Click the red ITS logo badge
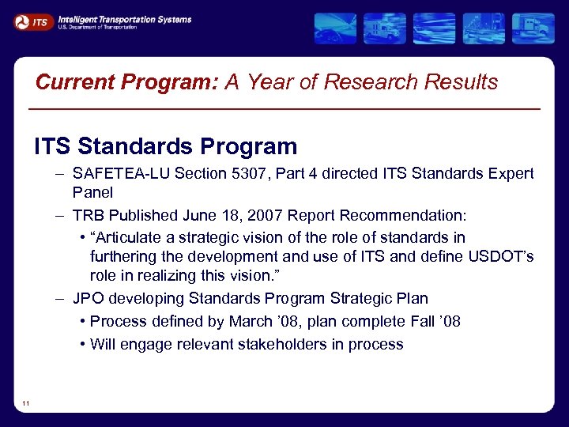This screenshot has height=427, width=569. click(x=32, y=22)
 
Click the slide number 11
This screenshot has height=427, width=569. click(x=26, y=404)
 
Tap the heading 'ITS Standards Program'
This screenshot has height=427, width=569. click(x=165, y=146)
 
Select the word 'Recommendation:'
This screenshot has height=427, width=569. click(x=411, y=215)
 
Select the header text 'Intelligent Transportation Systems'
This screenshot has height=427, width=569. click(x=124, y=19)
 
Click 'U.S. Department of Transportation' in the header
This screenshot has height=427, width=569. click(x=97, y=28)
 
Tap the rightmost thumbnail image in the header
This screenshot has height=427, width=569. click(x=533, y=28)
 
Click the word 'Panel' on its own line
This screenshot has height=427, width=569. click(x=92, y=192)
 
